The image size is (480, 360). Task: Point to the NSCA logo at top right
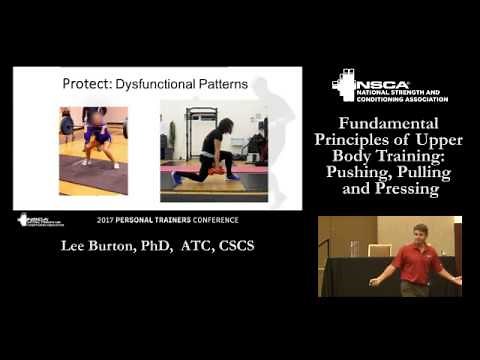[x=389, y=87]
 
